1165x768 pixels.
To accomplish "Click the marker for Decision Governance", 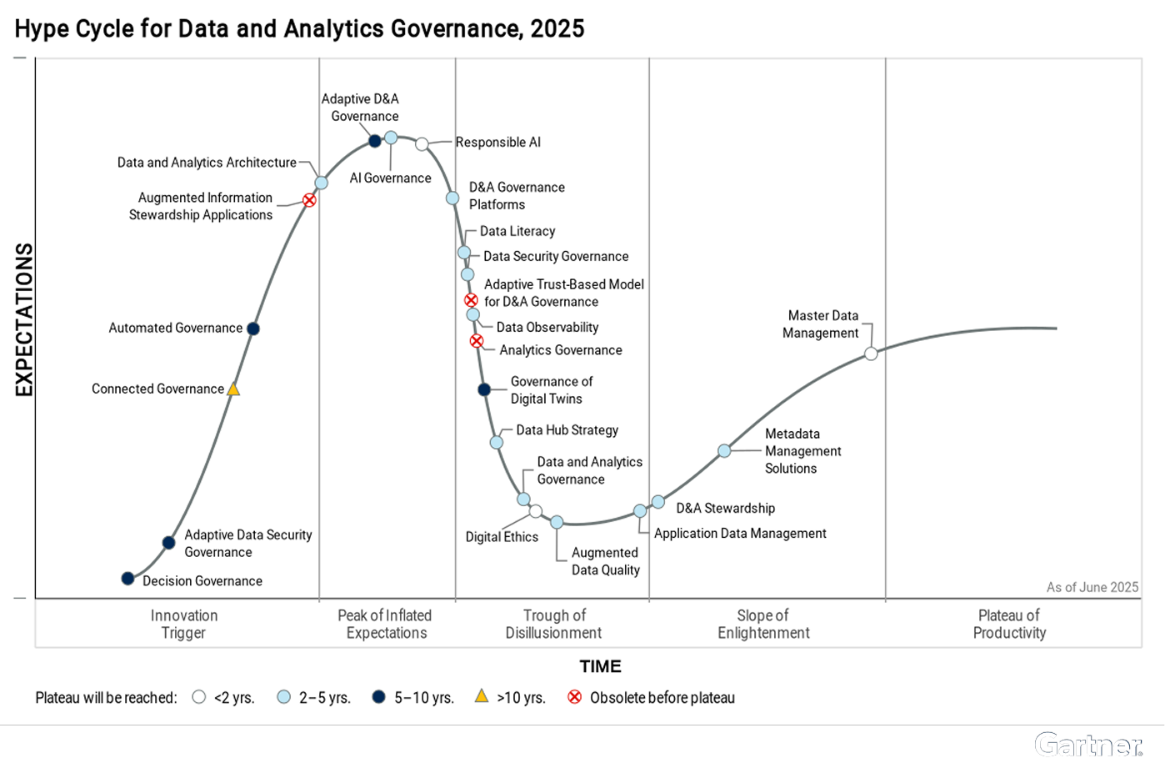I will (127, 578).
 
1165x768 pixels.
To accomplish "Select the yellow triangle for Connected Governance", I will (233, 389).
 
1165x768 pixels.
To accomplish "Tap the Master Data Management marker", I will (871, 354).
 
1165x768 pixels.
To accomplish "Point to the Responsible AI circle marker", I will (422, 144).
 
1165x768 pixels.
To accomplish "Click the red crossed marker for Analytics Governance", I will (477, 341).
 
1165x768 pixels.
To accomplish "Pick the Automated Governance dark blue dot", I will (253, 329).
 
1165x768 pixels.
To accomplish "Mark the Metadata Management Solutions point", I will (724, 451).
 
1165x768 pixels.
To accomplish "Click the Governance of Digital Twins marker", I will (484, 389).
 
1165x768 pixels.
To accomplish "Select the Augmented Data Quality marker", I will (557, 522).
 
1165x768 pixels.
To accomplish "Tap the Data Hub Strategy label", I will (567, 430).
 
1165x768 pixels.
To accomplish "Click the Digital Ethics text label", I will (502, 537).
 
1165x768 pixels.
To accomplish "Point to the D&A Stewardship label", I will (725, 508).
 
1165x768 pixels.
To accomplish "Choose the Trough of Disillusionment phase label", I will (554, 624).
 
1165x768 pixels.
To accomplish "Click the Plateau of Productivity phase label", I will (1009, 624).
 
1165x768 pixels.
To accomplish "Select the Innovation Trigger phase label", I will (184, 624).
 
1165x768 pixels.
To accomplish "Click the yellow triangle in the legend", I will (482, 696).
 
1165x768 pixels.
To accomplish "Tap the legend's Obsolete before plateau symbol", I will (574, 697).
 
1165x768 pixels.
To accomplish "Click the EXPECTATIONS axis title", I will (24, 319).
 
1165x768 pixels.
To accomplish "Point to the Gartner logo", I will (1087, 745).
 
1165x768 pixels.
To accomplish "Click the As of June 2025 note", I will (1092, 587).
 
